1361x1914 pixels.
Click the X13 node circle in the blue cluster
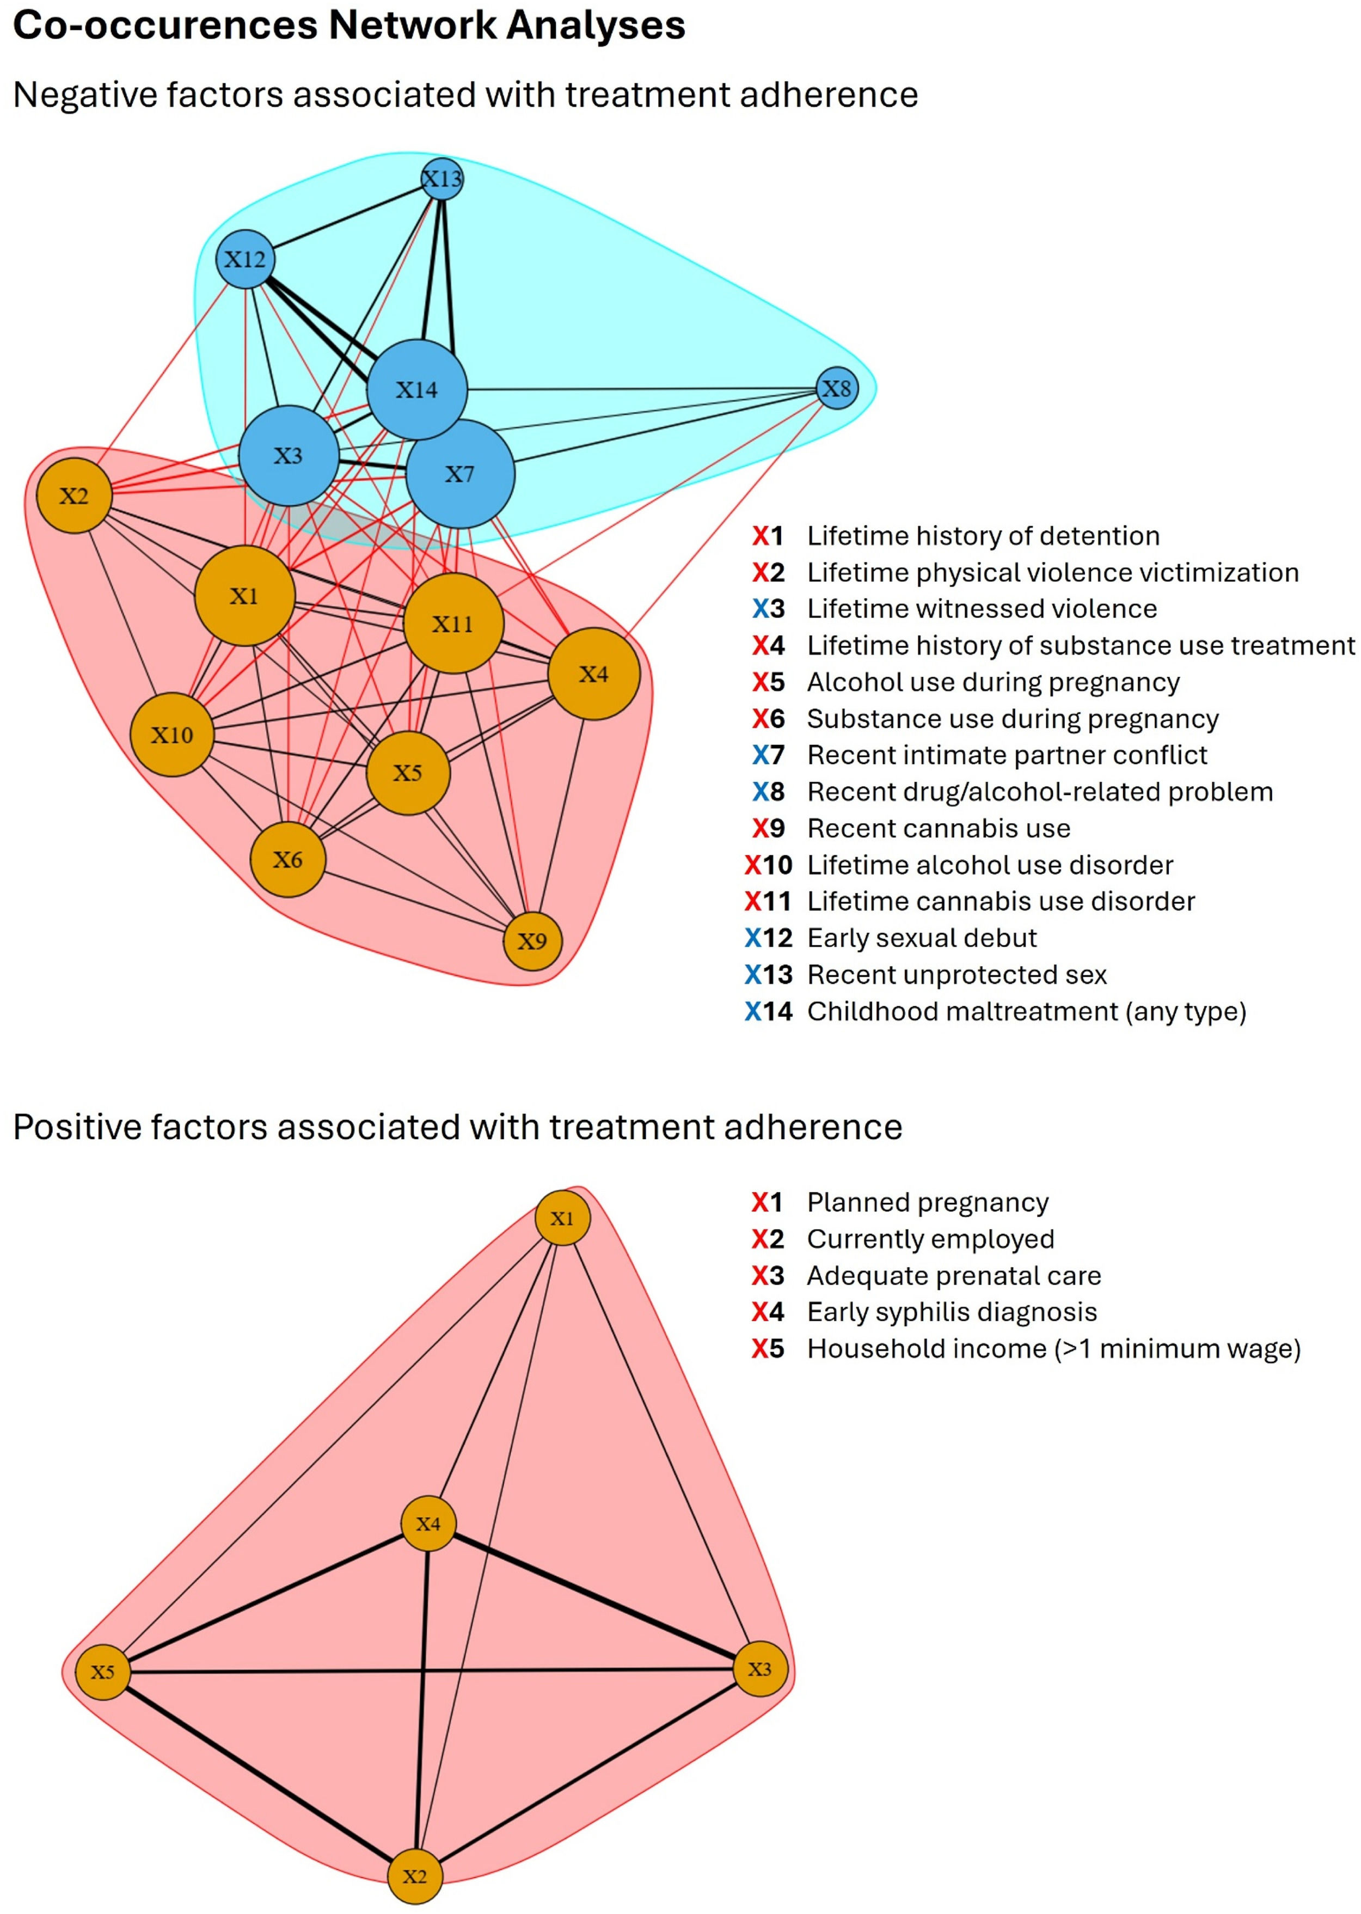[x=442, y=179]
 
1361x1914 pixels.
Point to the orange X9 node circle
[x=532, y=941]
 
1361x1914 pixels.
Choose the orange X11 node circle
[x=453, y=623]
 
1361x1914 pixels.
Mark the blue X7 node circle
[x=460, y=474]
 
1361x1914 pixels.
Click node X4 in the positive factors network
[x=428, y=1524]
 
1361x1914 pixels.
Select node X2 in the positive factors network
[x=415, y=1875]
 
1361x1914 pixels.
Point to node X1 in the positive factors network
[x=562, y=1218]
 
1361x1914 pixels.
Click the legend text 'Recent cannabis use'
[x=939, y=828]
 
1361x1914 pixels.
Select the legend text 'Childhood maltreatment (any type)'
[x=1027, y=1012]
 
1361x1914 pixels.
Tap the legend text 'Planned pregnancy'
[x=928, y=1202]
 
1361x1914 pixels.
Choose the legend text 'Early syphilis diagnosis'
[x=952, y=1312]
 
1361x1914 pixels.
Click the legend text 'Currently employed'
[x=930, y=1239]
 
